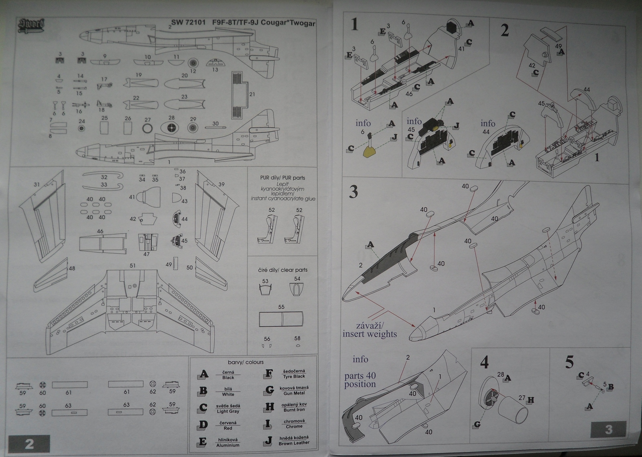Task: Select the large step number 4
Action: [x=484, y=363]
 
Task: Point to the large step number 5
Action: [x=569, y=362]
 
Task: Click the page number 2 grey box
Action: [x=29, y=444]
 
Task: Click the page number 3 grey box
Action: [x=608, y=429]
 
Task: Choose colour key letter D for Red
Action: [x=203, y=425]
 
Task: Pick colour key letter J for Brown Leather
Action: [x=269, y=441]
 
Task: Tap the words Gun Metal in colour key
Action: [x=294, y=393]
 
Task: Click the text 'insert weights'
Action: [x=370, y=334]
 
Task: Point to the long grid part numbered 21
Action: [x=240, y=95]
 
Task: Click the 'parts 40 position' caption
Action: [x=360, y=380]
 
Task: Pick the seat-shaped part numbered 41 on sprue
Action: [x=143, y=197]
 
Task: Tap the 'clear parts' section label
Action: [x=282, y=270]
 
